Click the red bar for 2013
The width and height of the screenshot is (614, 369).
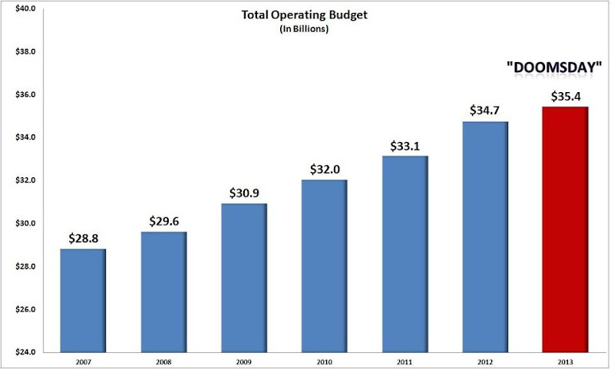point(565,230)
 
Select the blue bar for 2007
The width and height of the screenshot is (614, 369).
point(82,301)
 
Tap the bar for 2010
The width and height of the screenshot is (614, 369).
point(324,266)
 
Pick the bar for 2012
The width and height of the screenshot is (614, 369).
point(484,237)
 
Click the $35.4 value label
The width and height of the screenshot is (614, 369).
point(565,97)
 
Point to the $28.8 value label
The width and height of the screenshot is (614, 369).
point(82,239)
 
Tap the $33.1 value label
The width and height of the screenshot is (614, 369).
point(404,147)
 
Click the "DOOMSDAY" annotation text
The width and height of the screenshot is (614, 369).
point(553,68)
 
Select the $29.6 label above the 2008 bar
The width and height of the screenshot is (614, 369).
point(163,222)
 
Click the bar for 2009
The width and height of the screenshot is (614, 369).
point(243,278)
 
